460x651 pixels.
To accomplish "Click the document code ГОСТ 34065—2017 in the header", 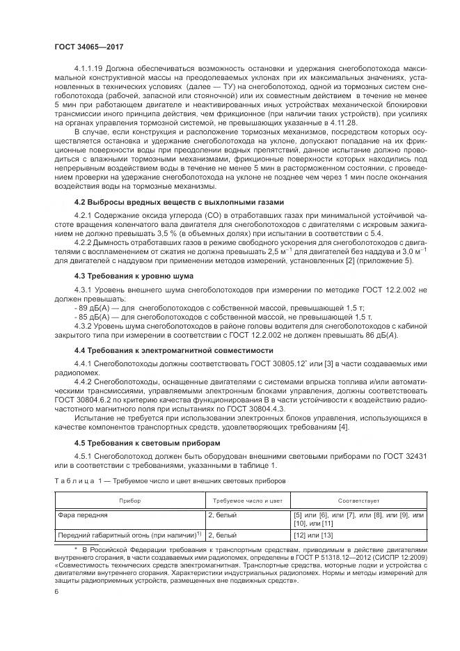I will (x=88, y=46).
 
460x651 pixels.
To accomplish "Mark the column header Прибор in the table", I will (x=129, y=500).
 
